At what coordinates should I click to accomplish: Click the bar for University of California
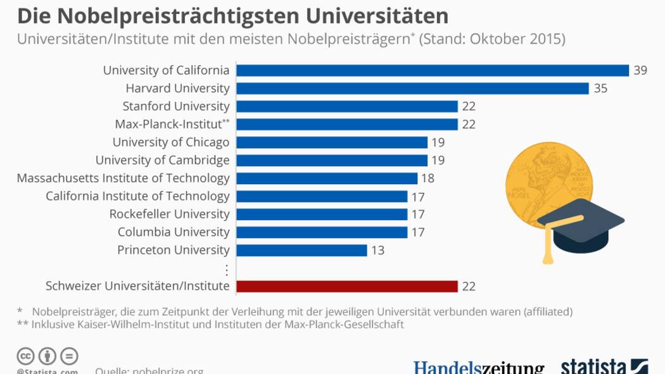[x=432, y=70]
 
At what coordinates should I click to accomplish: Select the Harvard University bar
[x=412, y=88]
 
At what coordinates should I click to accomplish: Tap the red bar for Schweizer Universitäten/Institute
[x=346, y=286]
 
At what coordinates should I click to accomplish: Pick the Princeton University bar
[x=301, y=250]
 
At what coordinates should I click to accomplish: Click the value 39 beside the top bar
[x=640, y=70]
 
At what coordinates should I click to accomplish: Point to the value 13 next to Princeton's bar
[x=378, y=250]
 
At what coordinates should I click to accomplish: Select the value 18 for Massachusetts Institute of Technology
[x=427, y=178]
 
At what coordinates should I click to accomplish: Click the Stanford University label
[x=176, y=106]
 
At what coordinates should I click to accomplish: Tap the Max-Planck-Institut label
[x=168, y=124]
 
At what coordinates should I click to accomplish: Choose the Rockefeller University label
[x=169, y=214]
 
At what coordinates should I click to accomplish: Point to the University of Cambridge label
[x=162, y=160]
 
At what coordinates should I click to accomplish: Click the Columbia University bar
[x=322, y=232]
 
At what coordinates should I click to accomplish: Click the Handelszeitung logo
[x=479, y=368]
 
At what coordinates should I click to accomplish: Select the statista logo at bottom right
[x=604, y=367]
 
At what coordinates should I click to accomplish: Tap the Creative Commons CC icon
[x=25, y=356]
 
